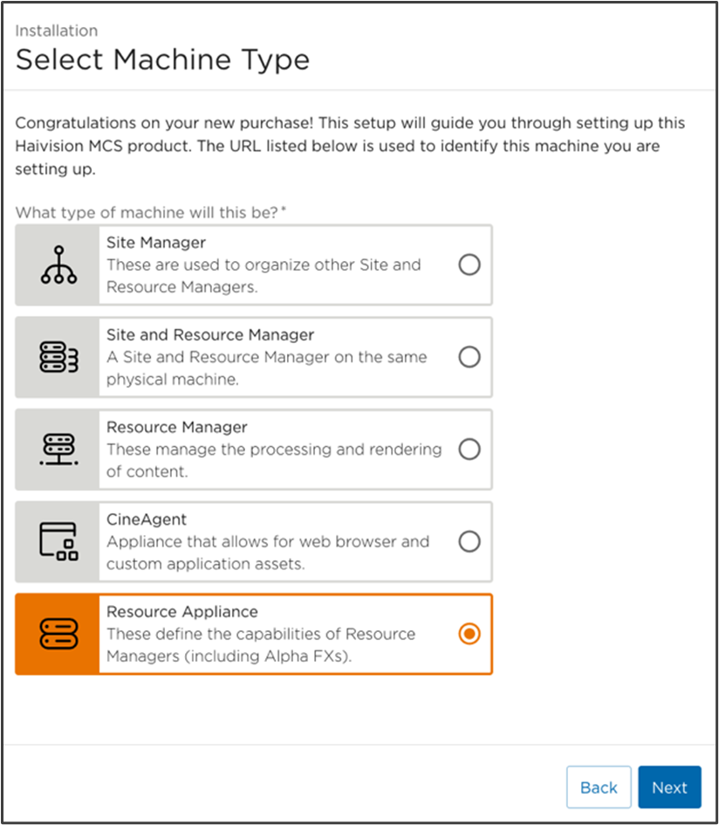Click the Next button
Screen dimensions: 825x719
pos(669,787)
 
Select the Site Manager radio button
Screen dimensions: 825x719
pos(469,265)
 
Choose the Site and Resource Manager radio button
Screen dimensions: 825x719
pos(469,357)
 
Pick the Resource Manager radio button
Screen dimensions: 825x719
pos(469,450)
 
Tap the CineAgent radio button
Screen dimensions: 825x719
pos(469,542)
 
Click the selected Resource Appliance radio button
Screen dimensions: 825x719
pos(469,635)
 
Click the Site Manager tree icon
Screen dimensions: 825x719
pos(58,265)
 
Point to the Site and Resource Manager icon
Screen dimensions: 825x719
pos(58,358)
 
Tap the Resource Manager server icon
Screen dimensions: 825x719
pos(58,450)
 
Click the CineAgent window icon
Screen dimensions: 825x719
pos(58,542)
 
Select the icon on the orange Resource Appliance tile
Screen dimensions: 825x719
pos(58,635)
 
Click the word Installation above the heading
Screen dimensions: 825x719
pos(56,31)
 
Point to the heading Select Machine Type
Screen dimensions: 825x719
pos(162,60)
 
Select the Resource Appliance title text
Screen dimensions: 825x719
pos(181,612)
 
